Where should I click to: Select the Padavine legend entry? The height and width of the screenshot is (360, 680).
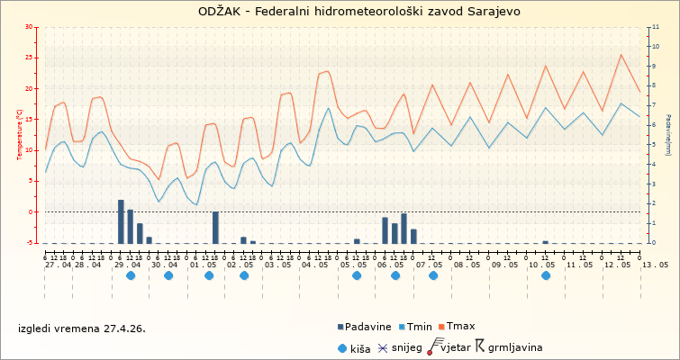(x=367, y=328)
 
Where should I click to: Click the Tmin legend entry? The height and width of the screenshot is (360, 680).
(x=421, y=328)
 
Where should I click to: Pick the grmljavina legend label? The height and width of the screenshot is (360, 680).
(x=513, y=346)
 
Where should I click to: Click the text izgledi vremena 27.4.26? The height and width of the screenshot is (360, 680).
(x=81, y=328)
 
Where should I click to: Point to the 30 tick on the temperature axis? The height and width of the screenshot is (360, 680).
(x=29, y=28)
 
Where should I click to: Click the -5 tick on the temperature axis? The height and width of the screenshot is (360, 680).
(x=31, y=243)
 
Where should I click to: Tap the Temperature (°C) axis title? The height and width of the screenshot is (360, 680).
(x=20, y=135)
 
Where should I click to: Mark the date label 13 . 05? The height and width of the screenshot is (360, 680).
(x=655, y=265)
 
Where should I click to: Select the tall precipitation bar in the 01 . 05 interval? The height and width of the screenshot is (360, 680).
(x=215, y=227)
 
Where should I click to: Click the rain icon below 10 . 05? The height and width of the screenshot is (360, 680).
(x=546, y=276)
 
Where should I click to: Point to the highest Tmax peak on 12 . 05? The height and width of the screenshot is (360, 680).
(x=621, y=55)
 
